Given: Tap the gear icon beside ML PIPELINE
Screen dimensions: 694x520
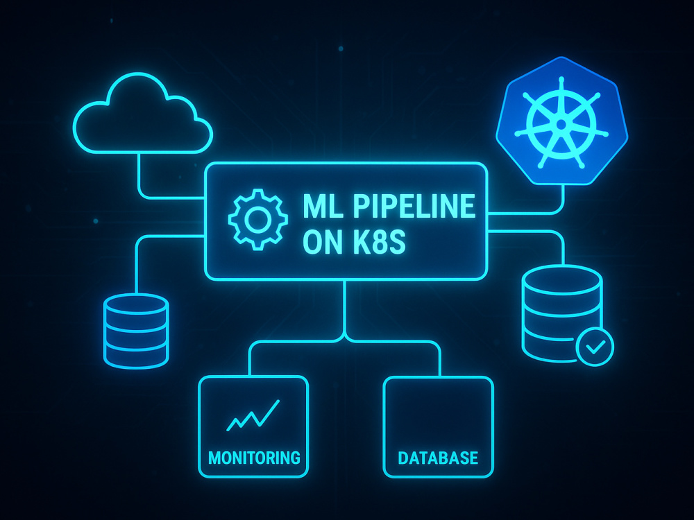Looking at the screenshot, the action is pyautogui.click(x=258, y=219).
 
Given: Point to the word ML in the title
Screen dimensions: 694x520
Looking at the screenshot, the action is pyautogui.click(x=323, y=206).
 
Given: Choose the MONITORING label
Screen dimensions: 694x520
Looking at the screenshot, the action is pyautogui.click(x=254, y=458).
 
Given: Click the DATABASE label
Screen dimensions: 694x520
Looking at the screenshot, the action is pyautogui.click(x=438, y=458).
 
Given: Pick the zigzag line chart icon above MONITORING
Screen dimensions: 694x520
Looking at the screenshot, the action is pyautogui.click(x=253, y=415).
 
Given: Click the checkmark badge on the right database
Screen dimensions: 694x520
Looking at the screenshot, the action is pyautogui.click(x=595, y=347).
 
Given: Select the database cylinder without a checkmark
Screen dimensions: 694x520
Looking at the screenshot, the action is pyautogui.click(x=136, y=331).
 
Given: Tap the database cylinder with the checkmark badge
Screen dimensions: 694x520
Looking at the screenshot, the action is pyautogui.click(x=561, y=313).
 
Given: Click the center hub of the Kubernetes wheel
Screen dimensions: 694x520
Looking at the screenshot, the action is pyautogui.click(x=561, y=125).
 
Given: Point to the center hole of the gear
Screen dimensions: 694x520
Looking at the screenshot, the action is pyautogui.click(x=258, y=220).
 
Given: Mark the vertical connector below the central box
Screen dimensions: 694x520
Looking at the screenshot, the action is pyautogui.click(x=345, y=309).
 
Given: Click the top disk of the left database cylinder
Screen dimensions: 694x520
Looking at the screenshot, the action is pyautogui.click(x=136, y=304).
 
